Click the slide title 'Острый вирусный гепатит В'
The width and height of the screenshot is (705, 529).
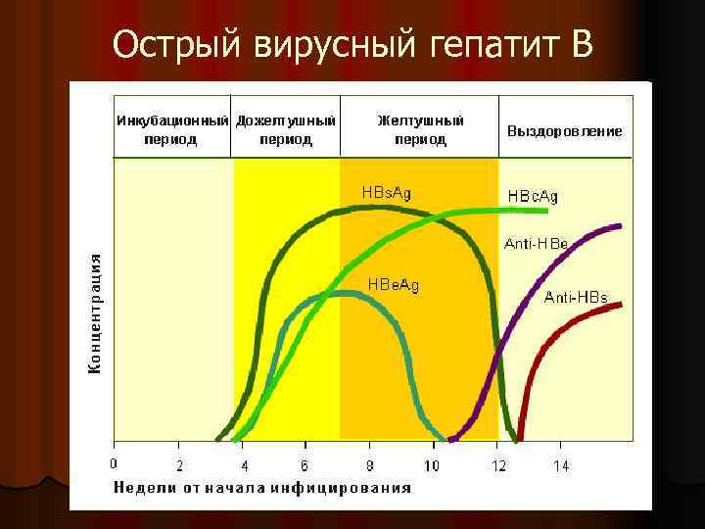pyautogui.click(x=352, y=43)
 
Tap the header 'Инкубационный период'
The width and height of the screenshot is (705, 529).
pyautogui.click(x=171, y=129)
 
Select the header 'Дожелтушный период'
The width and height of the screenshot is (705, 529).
pyautogui.click(x=286, y=129)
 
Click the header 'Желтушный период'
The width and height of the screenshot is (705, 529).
pyautogui.click(x=420, y=129)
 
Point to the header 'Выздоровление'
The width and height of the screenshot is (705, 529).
pyautogui.click(x=564, y=130)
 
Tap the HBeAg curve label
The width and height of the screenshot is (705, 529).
pyautogui.click(x=393, y=285)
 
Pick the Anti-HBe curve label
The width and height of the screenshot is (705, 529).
pyautogui.click(x=536, y=242)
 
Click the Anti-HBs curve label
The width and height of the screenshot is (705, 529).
pyautogui.click(x=576, y=296)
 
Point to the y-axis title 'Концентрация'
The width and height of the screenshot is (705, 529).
pyautogui.click(x=95, y=313)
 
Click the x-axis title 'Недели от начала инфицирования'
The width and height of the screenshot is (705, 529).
pyautogui.click(x=262, y=487)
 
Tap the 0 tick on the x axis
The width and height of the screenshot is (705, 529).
pyautogui.click(x=114, y=463)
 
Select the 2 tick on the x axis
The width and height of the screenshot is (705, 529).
pyautogui.click(x=179, y=464)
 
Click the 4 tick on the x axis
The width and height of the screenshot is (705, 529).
pyautogui.click(x=243, y=464)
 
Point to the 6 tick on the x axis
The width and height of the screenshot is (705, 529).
pyautogui.click(x=305, y=464)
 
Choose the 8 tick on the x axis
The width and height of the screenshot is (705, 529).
pyautogui.click(x=369, y=464)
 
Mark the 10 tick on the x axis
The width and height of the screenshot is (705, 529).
pyautogui.click(x=432, y=464)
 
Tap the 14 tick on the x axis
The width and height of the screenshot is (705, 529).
pyautogui.click(x=560, y=464)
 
